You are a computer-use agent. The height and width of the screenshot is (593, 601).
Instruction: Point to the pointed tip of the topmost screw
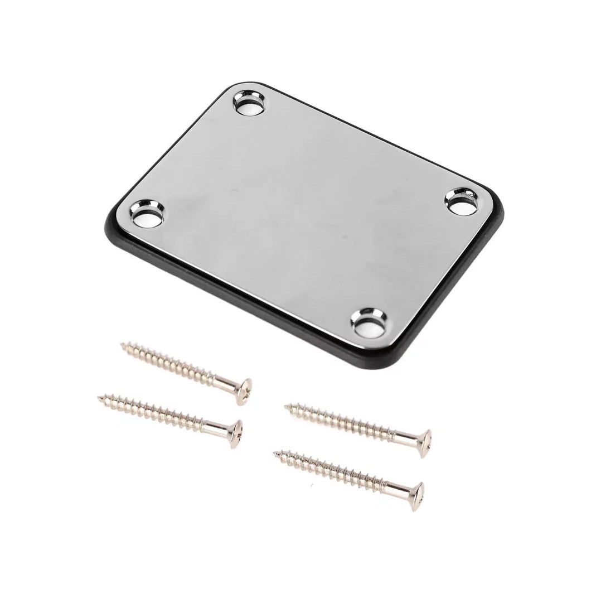(122, 346)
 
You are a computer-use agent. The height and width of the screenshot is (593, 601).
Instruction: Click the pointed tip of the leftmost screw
(99, 397)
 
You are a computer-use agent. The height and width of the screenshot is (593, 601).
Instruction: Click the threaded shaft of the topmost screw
(173, 362)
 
